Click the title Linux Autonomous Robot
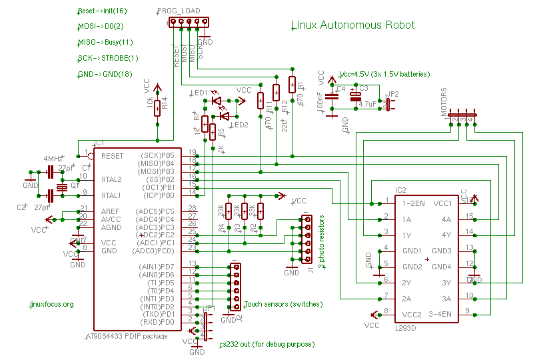[353, 25]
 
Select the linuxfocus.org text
[52, 304]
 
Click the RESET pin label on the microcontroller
[113, 155]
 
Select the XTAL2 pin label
[111, 180]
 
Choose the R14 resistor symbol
[157, 107]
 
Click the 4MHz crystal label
[53, 159]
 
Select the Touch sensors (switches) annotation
[283, 305]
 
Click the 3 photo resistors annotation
[320, 241]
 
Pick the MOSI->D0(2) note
[101, 27]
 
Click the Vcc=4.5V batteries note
[384, 74]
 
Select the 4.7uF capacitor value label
[367, 104]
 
